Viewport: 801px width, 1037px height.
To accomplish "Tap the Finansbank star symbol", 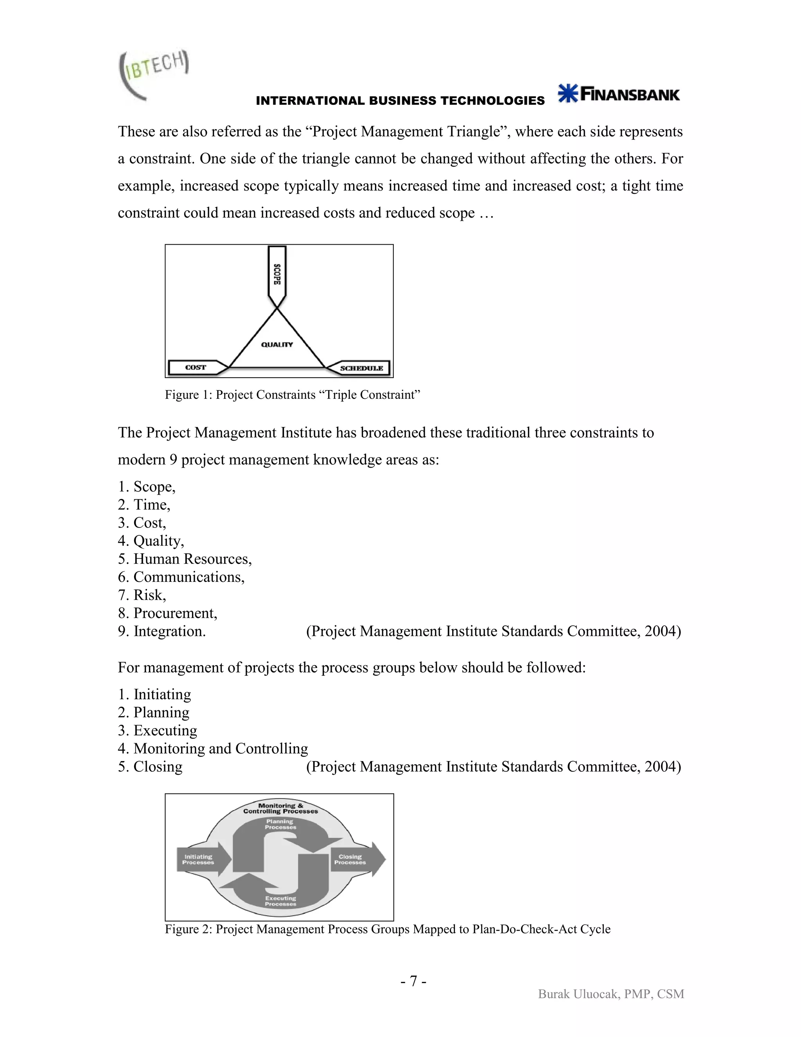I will [568, 93].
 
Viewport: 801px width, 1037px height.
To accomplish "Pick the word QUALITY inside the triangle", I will [277, 344].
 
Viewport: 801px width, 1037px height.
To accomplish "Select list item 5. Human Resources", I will [185, 559].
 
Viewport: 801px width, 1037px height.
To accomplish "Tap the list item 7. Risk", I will [142, 595].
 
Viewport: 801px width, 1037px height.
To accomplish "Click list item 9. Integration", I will [162, 631].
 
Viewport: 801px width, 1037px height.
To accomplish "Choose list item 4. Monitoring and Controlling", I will [213, 748].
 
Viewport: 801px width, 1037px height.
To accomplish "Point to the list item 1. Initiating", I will [155, 694].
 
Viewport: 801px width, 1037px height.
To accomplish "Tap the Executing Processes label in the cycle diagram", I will [280, 901].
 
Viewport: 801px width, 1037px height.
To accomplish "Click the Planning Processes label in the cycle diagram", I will [280, 824].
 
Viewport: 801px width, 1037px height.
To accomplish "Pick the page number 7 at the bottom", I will [413, 981].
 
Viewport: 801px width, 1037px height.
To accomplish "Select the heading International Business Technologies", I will [400, 101].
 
